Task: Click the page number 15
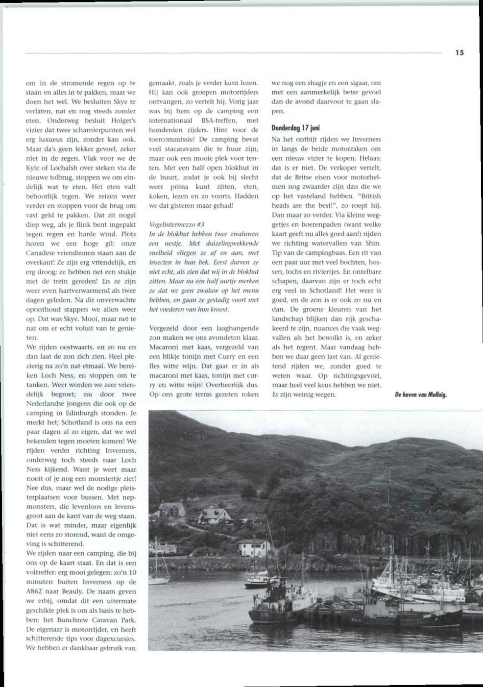click(x=459, y=53)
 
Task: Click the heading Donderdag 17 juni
click(x=295, y=128)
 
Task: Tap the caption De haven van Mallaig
click(x=421, y=393)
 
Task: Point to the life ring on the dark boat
click(x=387, y=612)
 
